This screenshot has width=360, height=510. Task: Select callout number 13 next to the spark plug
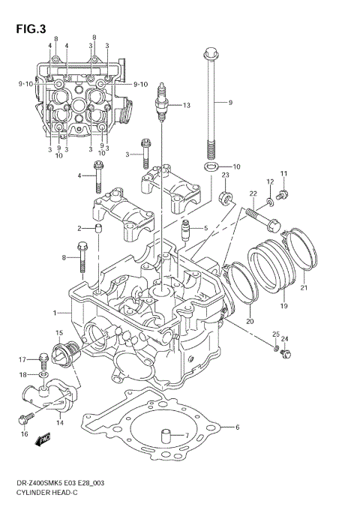(x=187, y=105)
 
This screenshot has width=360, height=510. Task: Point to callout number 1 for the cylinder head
(x=55, y=312)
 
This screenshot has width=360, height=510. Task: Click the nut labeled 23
(x=223, y=199)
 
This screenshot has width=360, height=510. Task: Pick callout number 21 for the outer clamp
(x=304, y=286)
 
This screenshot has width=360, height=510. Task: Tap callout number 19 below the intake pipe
(x=284, y=306)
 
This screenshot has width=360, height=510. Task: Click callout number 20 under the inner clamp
(x=250, y=322)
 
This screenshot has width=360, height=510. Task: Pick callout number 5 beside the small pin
(x=205, y=228)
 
